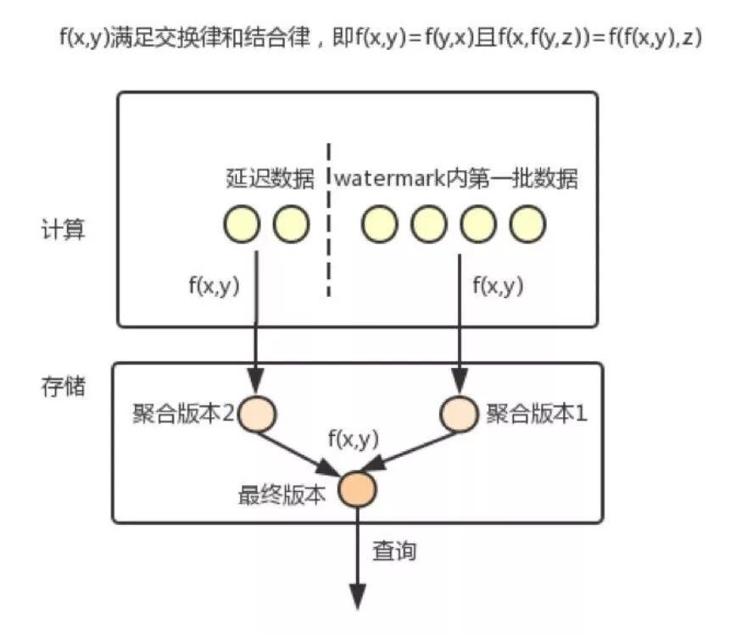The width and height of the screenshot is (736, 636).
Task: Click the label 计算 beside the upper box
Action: coord(64,229)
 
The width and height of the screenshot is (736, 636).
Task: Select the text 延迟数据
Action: coord(265,180)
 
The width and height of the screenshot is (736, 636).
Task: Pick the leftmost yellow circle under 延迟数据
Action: coord(242,224)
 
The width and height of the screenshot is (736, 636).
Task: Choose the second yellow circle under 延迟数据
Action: coord(291,224)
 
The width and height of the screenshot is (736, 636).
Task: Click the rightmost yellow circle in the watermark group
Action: coord(527,224)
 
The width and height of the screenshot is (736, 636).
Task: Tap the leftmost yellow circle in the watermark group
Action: coord(379,224)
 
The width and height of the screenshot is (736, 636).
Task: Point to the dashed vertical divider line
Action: coord(329,237)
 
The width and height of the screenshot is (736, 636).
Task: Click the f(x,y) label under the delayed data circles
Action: coord(214,286)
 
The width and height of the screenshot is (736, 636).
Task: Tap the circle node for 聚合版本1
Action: coord(459,414)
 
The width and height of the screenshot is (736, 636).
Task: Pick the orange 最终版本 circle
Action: coord(357,488)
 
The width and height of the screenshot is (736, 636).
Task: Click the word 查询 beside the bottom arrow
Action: coord(395,551)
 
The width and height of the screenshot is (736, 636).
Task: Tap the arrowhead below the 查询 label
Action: coord(358,595)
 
